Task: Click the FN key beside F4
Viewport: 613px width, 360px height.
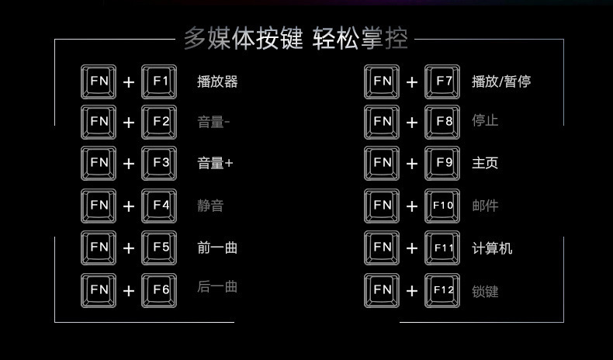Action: pos(99,206)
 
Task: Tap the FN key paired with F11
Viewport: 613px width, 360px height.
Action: pos(383,247)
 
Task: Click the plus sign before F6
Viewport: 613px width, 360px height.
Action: pos(129,291)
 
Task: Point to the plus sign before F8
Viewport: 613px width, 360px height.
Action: pos(412,123)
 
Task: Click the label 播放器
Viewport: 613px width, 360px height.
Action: pos(217,81)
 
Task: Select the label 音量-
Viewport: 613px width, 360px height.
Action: pos(213,122)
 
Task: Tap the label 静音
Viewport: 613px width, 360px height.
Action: pos(210,206)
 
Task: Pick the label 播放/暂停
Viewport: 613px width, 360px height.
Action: pos(501,81)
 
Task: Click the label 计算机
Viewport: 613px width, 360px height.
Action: pos(492,248)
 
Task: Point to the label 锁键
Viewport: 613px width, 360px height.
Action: pos(485,292)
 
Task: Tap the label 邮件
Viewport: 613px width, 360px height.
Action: pos(485,206)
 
